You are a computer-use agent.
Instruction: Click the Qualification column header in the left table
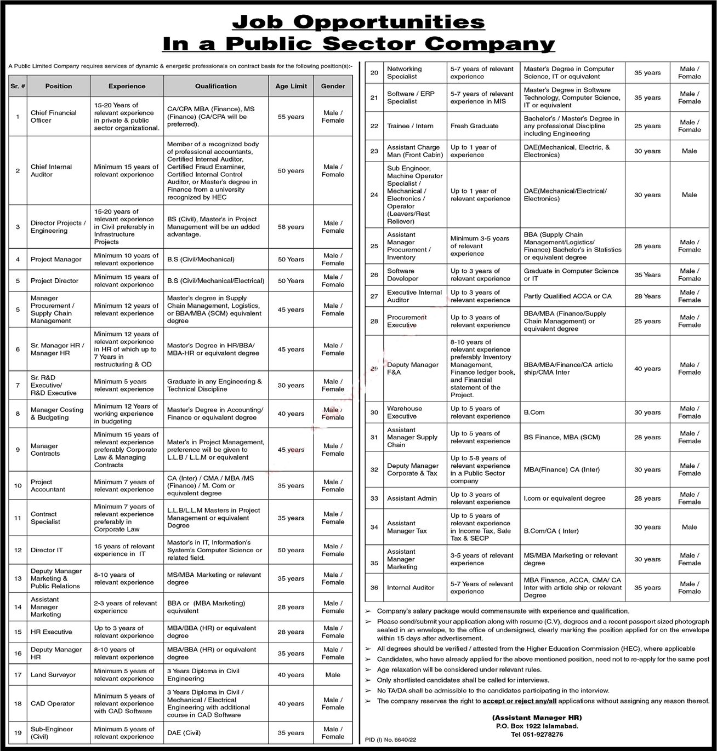tap(215, 86)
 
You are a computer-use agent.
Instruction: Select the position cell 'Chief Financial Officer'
tap(53, 117)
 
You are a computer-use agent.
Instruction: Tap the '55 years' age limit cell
tap(291, 117)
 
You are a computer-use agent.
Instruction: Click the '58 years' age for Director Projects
tap(291, 227)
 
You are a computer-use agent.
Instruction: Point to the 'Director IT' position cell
tap(47, 550)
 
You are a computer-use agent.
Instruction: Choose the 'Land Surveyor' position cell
tap(53, 675)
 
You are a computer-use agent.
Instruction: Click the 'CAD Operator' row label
tap(52, 703)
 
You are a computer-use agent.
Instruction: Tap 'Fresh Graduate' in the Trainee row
tap(474, 126)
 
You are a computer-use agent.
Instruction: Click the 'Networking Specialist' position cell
tap(405, 73)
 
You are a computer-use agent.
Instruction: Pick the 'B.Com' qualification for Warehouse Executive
tap(534, 412)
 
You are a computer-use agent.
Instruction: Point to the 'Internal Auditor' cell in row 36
tap(411, 588)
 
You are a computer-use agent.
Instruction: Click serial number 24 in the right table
tap(374, 195)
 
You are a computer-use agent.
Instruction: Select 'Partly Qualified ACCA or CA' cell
tap(567, 296)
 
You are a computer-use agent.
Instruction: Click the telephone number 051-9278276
tap(537, 735)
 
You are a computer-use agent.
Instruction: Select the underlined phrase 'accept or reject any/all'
tap(520, 701)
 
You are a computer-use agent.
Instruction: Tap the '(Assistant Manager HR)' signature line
tap(537, 718)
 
